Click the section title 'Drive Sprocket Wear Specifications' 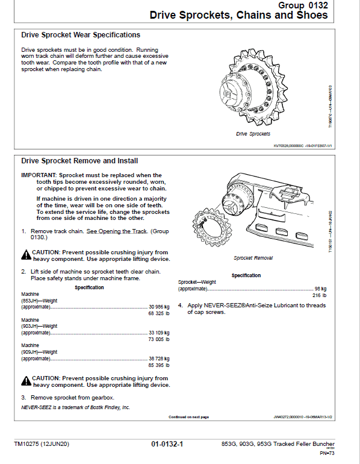click(81, 35)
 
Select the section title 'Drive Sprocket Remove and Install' click(79, 161)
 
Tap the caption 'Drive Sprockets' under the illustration click(253, 134)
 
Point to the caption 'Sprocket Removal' click(253, 258)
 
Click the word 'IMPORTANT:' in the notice click(39, 175)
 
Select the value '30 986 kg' click(159, 307)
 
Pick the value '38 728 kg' click(159, 358)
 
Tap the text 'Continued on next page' click(188, 416)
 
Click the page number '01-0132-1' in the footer click(167, 445)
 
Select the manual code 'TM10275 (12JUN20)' click(42, 445)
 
